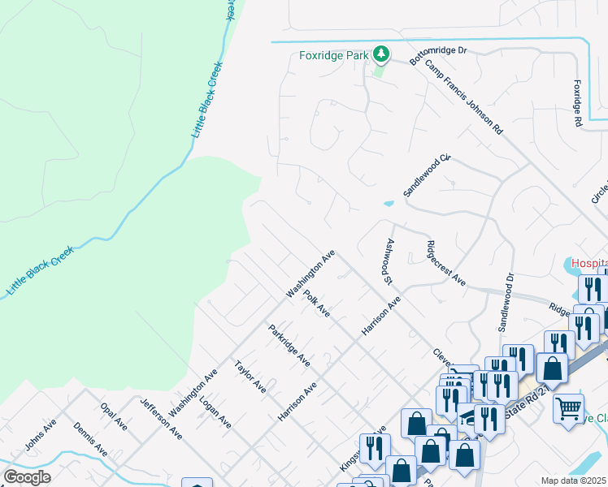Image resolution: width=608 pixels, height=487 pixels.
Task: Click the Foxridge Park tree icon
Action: click(x=380, y=55)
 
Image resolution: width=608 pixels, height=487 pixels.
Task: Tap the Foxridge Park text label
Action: click(x=332, y=56)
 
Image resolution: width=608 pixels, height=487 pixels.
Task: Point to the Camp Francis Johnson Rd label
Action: click(x=464, y=98)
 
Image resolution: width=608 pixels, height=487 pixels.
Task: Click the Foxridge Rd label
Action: click(x=578, y=102)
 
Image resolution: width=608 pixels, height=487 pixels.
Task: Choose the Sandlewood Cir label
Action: click(x=427, y=176)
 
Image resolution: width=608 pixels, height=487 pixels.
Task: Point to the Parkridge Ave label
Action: click(x=289, y=345)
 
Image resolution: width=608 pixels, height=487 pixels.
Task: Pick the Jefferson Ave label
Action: click(x=161, y=419)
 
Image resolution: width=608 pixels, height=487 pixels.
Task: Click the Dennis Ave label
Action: click(x=90, y=439)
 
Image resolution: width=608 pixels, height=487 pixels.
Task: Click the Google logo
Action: click(x=28, y=477)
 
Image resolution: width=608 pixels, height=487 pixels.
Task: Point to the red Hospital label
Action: click(x=588, y=263)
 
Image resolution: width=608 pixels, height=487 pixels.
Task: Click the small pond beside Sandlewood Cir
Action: click(x=389, y=203)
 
